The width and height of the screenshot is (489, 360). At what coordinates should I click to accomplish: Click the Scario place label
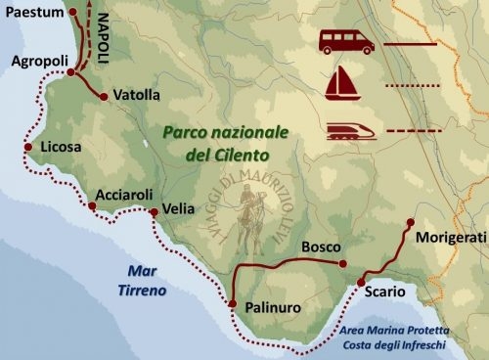tap(382, 292)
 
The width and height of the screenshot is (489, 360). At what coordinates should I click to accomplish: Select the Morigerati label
tap(450, 239)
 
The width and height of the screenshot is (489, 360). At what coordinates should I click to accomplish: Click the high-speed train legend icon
tap(348, 129)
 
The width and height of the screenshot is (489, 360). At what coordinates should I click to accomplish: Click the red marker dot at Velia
tap(154, 212)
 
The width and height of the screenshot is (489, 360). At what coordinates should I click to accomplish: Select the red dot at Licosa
tap(28, 149)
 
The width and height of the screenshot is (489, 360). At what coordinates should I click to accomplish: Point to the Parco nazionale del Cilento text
tap(218, 143)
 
